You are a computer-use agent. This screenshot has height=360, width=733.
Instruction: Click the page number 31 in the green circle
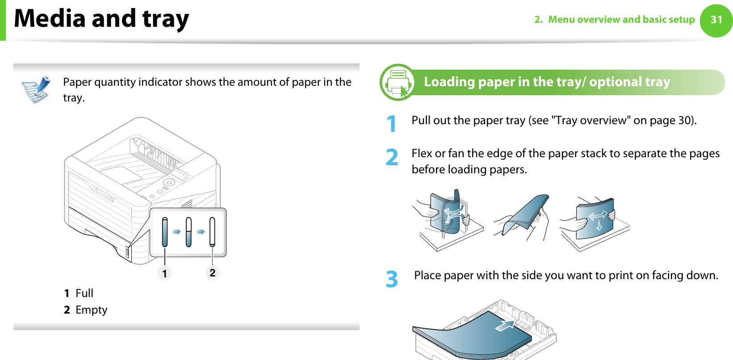point(716,20)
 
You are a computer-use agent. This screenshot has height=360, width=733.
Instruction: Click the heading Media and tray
point(102,19)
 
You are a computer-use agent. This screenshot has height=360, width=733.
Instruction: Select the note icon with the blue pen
point(36,89)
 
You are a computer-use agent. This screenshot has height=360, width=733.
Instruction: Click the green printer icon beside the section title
point(398,83)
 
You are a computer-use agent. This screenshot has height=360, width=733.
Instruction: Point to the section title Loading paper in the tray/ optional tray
point(547,82)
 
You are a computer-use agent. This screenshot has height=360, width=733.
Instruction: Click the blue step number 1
point(392,124)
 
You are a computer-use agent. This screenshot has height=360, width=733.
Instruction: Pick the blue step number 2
point(392,157)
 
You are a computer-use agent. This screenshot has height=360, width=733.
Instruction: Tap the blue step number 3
point(392,279)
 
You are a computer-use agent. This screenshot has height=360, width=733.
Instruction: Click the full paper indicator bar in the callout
point(165,232)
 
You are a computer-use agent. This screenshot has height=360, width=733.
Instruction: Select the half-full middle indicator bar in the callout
point(188,232)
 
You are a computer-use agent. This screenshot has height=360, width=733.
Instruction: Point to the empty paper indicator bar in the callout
point(212,232)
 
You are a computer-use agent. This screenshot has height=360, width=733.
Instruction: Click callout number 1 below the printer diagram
point(165,273)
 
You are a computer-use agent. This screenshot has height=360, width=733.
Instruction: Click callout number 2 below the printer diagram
point(213,272)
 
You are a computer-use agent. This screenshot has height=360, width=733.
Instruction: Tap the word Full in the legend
point(84,293)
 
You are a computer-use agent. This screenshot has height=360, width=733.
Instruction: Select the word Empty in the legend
point(92,310)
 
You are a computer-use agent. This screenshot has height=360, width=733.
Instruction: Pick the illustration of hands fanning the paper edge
point(523,217)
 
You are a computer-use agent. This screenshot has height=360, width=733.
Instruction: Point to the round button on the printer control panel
point(168,182)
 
